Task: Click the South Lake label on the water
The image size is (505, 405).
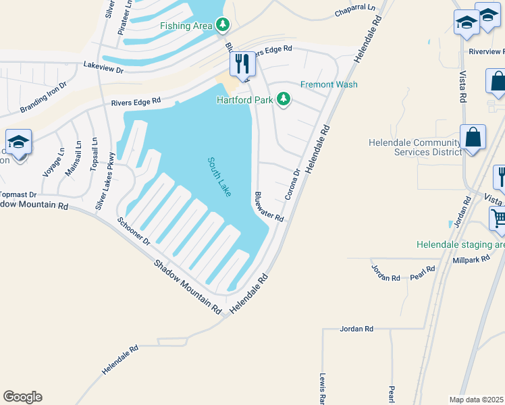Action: click(x=220, y=177)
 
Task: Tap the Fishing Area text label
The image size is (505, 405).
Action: click(x=186, y=26)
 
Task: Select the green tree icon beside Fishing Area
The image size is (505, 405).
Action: click(x=223, y=26)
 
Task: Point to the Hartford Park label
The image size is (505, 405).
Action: click(x=244, y=100)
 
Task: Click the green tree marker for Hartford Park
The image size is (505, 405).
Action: click(x=284, y=100)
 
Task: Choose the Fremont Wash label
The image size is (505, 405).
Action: click(x=329, y=84)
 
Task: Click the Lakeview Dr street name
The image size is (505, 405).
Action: click(x=103, y=67)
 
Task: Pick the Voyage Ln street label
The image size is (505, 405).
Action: click(x=49, y=163)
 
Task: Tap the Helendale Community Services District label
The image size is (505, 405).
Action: click(x=415, y=147)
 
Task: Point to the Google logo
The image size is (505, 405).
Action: click(x=22, y=397)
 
